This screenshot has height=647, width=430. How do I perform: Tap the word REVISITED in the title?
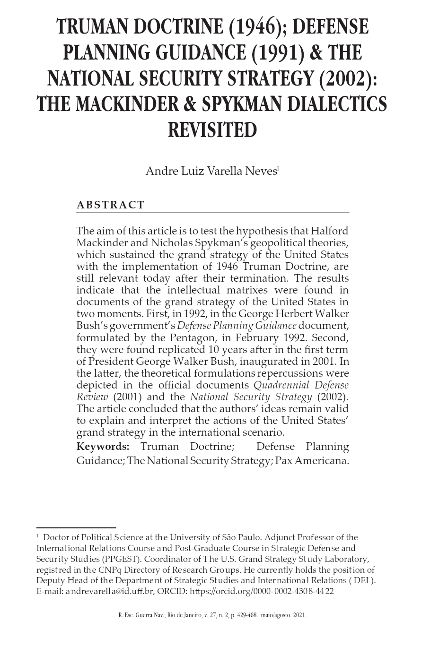click(x=212, y=129)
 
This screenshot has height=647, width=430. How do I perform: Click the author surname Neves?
click(x=262, y=171)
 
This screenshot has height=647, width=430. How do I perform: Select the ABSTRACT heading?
click(x=111, y=205)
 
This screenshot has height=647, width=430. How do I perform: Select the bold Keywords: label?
click(x=103, y=447)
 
